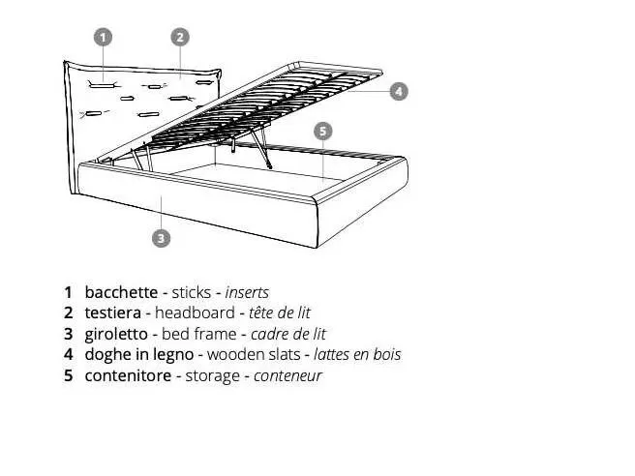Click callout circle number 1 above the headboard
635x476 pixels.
[103, 37]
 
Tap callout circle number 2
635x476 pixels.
[180, 37]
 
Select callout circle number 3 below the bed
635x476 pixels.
[162, 238]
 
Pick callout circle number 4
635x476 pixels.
[399, 91]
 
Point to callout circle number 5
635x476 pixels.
[322, 132]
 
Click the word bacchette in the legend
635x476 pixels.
[121, 292]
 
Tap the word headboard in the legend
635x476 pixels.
[195, 312]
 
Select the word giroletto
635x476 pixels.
[116, 335]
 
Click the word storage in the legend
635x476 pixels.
[212, 376]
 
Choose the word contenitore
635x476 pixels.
[128, 375]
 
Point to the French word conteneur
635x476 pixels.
[287, 376]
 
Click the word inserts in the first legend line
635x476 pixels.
[247, 292]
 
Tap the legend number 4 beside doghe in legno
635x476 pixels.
[69, 354]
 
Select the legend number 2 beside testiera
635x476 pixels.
[69, 312]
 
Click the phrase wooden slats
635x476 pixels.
[254, 354]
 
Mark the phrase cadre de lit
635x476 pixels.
[287, 334]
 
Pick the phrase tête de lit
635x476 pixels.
[280, 312]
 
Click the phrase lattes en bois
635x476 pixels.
[357, 354]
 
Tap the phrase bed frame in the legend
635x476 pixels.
[198, 334]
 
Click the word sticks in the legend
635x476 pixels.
[191, 292]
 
